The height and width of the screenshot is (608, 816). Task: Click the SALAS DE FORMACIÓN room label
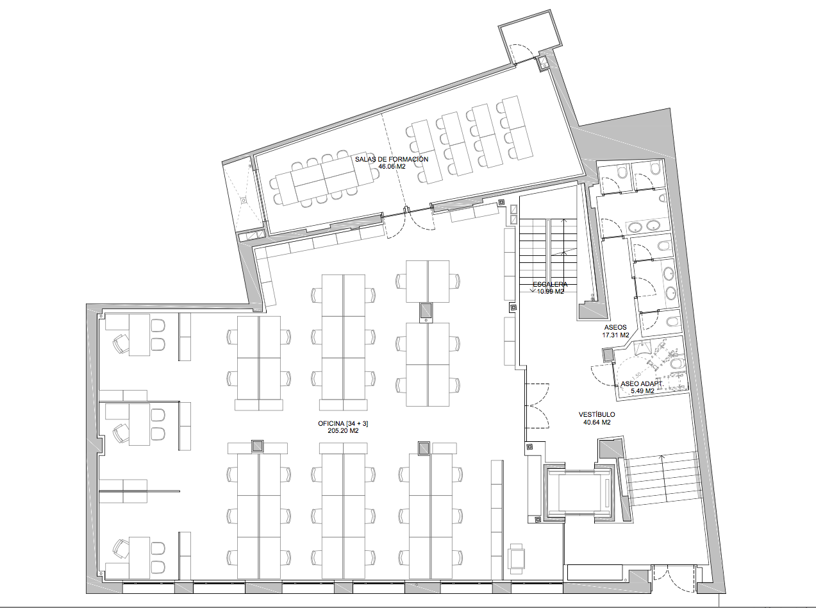392,159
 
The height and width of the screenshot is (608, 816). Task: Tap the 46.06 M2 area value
392,167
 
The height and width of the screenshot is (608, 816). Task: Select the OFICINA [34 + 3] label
343,423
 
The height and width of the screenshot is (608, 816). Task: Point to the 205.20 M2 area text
343,431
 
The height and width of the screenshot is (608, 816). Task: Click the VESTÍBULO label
597,415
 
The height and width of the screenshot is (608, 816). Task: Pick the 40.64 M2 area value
597,423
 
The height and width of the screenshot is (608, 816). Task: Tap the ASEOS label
615,327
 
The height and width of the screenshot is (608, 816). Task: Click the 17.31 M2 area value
615,335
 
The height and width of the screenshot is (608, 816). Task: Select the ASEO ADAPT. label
642,384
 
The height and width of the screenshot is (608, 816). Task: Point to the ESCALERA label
550,284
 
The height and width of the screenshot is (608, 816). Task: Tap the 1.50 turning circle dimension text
637,376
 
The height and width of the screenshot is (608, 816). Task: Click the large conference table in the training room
324,180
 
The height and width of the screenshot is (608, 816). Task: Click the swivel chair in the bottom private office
121,549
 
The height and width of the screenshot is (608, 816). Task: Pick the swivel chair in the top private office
121,343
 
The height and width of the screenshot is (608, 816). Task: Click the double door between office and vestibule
537,406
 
